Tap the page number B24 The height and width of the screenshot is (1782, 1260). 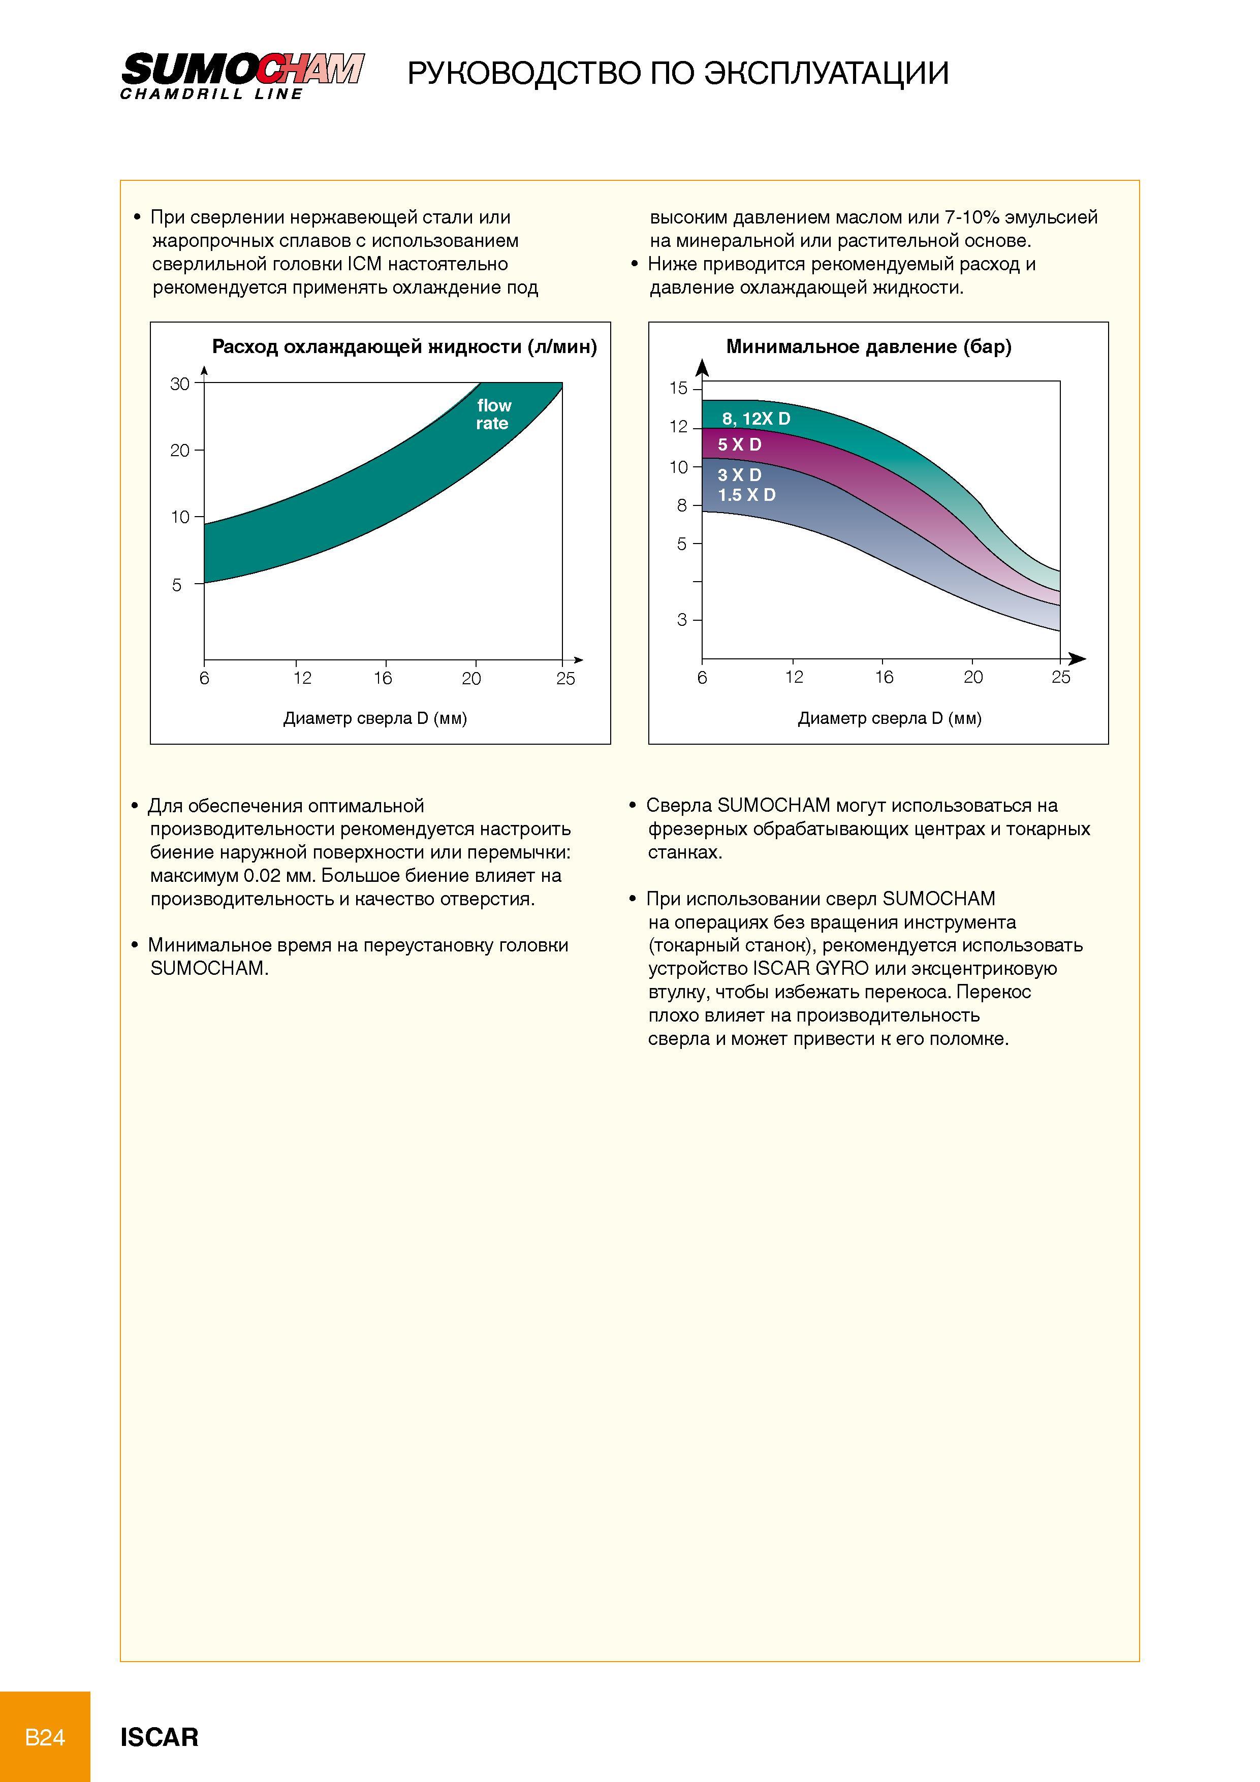(x=45, y=1736)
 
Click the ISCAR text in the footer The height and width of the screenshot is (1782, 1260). (x=159, y=1737)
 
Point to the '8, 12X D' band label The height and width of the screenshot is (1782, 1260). (x=756, y=419)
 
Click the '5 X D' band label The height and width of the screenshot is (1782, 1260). (x=739, y=444)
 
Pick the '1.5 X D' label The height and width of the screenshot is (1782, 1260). (x=746, y=495)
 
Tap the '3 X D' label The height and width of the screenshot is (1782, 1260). (x=739, y=475)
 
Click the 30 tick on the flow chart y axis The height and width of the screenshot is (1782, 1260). (x=180, y=384)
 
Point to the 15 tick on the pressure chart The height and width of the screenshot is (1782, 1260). (x=679, y=388)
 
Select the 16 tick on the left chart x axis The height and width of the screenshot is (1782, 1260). (x=383, y=678)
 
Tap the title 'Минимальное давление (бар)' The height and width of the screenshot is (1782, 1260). (x=869, y=347)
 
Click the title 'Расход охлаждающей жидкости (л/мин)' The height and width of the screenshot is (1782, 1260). (x=404, y=347)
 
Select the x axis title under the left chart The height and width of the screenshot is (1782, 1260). (x=375, y=719)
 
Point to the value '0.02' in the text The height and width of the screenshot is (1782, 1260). (x=261, y=875)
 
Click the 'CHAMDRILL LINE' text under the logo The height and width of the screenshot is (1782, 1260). (x=211, y=94)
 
